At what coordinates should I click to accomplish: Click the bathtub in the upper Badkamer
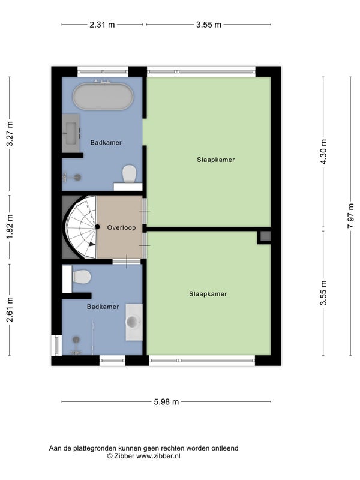pos(103,97)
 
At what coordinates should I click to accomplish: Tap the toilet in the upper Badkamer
pos(129,173)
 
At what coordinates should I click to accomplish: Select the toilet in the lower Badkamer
pos(82,277)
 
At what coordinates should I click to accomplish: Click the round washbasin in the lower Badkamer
pos(132,322)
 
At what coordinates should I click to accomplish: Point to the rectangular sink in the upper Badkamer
pos(71,133)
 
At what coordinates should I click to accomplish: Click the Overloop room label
pos(121,227)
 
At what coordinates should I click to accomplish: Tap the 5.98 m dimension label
pos(166,401)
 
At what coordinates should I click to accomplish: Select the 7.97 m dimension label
pos(351,216)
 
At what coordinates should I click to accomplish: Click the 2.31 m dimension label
pos(102,25)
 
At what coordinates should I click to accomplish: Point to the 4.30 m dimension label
pos(323,152)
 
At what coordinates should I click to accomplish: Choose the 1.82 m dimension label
pos(10,227)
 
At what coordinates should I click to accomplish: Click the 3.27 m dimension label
pos(10,134)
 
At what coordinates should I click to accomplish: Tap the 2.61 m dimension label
pos(10,310)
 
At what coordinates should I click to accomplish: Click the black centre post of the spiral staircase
pos(97,227)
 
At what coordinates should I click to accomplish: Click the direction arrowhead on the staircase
pos(92,244)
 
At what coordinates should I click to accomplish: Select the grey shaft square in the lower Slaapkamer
pos(265,236)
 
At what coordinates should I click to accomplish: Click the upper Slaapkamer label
pos(216,160)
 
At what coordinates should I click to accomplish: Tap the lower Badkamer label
pos(103,307)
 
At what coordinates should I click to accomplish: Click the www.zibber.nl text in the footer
pos(158,456)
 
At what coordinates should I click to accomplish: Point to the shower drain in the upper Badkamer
pos(78,177)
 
